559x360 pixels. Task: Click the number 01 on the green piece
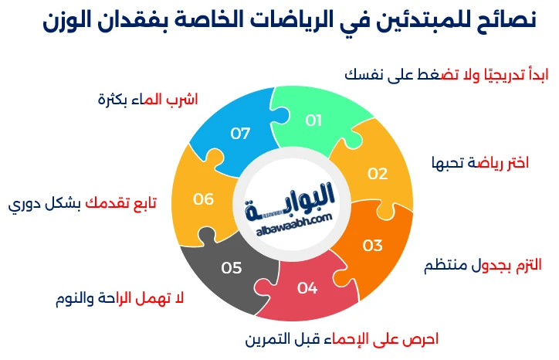point(313,120)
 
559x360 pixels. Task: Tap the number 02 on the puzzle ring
point(377,173)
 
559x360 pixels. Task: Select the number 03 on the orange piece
point(373,245)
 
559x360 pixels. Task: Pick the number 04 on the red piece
point(307,288)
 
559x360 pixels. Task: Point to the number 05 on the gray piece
point(232,268)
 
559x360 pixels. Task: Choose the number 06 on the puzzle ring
point(203,199)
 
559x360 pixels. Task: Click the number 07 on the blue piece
point(240,133)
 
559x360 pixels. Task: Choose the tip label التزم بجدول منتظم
point(483,265)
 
